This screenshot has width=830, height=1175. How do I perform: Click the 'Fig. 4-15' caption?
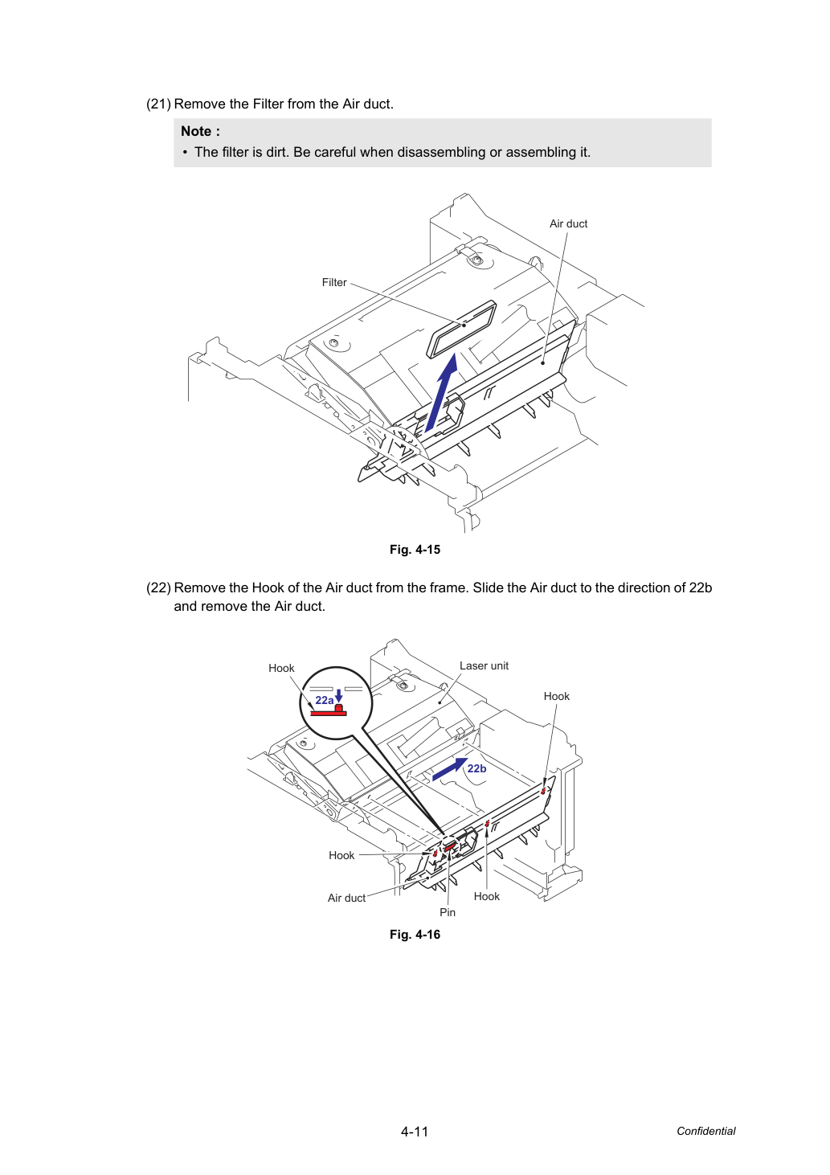pos(415,550)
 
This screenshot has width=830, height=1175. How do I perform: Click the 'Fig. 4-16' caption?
pos(415,935)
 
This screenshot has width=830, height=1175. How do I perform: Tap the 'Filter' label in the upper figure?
pos(334,283)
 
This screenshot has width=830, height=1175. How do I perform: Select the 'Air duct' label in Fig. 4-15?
pos(568,224)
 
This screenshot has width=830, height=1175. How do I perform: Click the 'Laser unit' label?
pos(484,666)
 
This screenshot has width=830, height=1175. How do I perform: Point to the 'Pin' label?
pos(448,913)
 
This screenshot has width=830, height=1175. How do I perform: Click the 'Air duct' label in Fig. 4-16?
pos(346,898)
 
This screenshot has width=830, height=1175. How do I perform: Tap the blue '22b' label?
pos(476,768)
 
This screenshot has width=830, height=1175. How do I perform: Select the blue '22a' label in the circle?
pos(325,700)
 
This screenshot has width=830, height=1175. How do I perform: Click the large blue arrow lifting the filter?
pos(441,392)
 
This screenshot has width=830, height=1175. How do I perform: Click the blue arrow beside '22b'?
pos(450,769)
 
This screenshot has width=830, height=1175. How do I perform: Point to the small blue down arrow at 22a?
pos(339,696)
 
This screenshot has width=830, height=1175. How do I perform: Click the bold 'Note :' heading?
pos(200,131)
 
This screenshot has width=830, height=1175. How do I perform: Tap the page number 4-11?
pos(415,1132)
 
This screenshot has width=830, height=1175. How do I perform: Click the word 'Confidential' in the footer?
pos(705,1131)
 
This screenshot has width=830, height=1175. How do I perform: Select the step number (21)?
pos(158,104)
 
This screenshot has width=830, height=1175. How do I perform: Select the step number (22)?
pos(158,587)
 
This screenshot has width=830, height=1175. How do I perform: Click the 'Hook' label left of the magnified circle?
pos(281,669)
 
